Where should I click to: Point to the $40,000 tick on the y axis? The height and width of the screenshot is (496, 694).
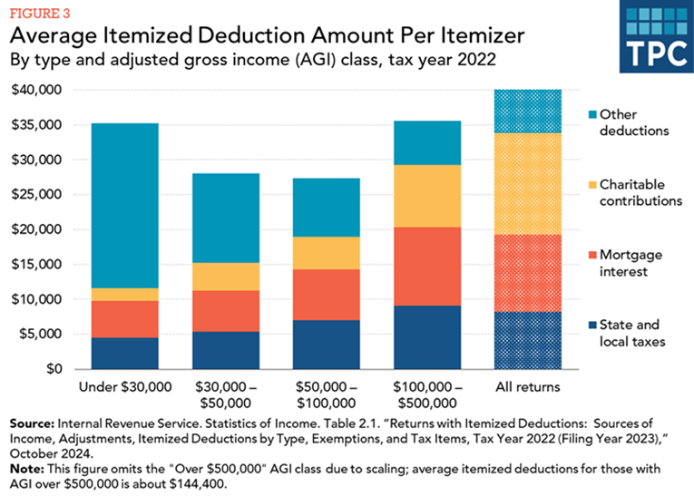[x=35, y=91]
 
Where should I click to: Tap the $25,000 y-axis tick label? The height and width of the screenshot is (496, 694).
[x=35, y=195]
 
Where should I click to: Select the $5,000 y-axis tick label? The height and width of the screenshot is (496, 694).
[x=39, y=335]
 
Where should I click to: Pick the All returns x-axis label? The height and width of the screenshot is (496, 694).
[x=527, y=387]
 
